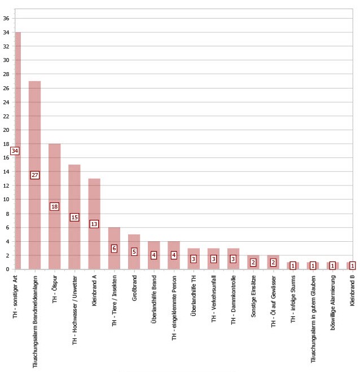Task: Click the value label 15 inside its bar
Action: [74, 218]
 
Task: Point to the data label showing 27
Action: [35, 175]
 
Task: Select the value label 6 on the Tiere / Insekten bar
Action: [114, 249]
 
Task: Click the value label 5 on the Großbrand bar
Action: [134, 252]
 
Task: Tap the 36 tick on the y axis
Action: [6, 19]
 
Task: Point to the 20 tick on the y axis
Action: [6, 130]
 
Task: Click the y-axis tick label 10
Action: [6, 200]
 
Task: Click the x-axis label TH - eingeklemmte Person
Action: [174, 305]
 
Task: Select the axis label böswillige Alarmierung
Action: [333, 298]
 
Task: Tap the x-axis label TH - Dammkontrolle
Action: [234, 297]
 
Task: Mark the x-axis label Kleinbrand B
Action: [353, 290]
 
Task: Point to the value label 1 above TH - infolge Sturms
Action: [293, 265]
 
